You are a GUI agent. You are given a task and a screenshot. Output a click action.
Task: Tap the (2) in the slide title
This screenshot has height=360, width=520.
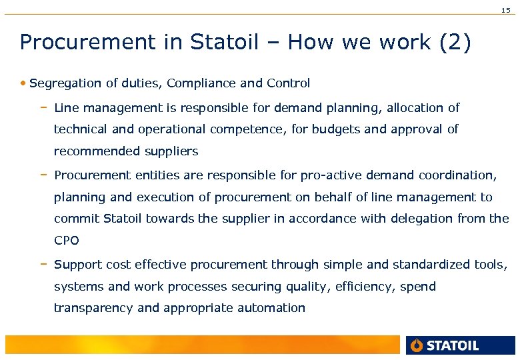[x=455, y=43]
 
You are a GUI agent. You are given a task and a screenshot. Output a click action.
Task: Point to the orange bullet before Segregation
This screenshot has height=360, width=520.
[x=23, y=84]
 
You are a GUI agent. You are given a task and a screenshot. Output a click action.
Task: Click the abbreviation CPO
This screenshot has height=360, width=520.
[x=66, y=241]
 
